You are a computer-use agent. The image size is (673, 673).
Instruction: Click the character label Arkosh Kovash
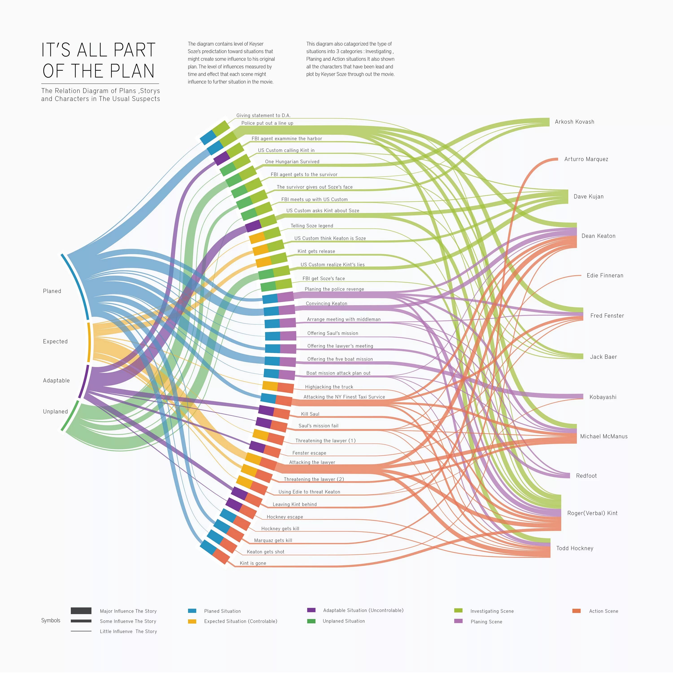tap(575, 122)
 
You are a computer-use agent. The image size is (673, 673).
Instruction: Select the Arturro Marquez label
tap(586, 159)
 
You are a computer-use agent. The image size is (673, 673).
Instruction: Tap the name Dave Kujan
tap(588, 197)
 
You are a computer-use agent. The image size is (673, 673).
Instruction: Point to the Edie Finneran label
tap(605, 275)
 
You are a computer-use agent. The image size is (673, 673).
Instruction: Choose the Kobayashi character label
tap(603, 397)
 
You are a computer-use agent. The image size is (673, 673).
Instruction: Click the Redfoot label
tap(586, 476)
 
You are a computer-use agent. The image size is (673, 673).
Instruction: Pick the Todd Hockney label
tap(575, 548)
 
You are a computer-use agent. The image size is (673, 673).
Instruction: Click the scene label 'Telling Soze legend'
tap(312, 226)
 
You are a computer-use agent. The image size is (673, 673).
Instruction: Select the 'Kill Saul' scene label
tap(310, 414)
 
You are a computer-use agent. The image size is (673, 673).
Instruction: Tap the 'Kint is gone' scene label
tap(253, 563)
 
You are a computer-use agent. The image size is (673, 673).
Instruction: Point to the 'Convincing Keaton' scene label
tap(326, 303)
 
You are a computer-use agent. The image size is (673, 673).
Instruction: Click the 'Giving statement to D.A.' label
tap(263, 115)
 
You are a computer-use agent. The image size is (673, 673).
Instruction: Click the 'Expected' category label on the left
tap(55, 341)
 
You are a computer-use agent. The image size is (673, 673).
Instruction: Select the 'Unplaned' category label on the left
tap(55, 411)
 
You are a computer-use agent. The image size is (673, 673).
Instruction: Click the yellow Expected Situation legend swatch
tap(192, 621)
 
